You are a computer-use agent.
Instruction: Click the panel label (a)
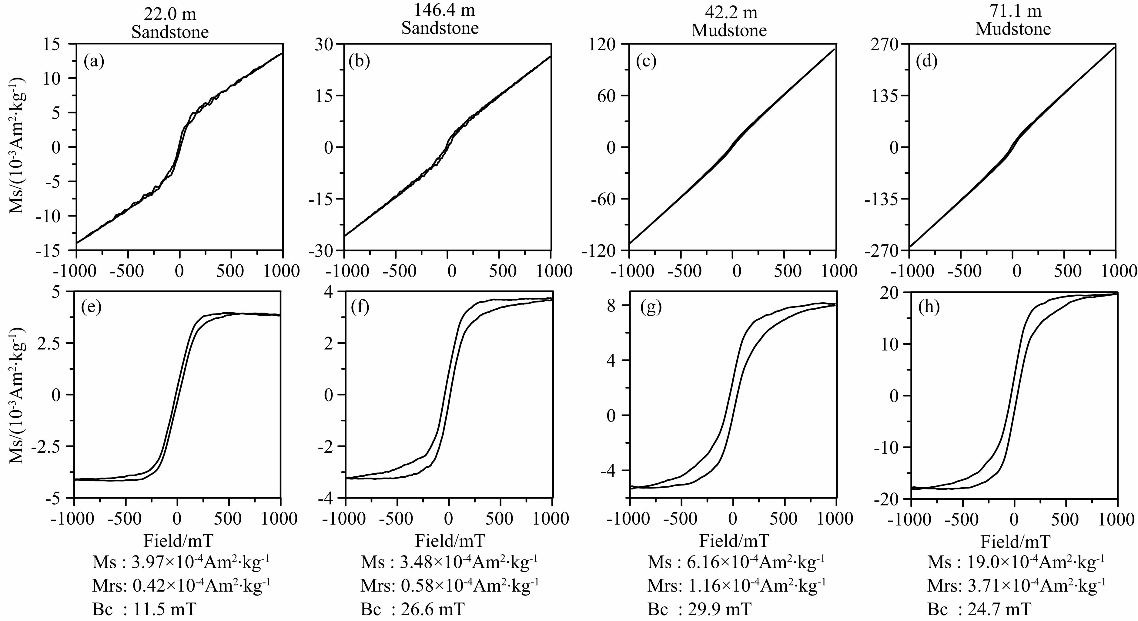(94, 62)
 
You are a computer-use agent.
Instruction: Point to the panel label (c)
(646, 62)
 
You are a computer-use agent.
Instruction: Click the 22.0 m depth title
(170, 15)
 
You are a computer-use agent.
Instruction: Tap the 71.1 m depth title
(1013, 11)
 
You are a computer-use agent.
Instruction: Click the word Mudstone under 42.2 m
(729, 31)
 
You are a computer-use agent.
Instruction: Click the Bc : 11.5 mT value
(145, 609)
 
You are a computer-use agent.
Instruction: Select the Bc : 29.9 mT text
(699, 609)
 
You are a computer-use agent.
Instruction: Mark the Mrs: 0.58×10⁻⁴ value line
(450, 586)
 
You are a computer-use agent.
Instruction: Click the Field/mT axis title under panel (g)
(734, 541)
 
